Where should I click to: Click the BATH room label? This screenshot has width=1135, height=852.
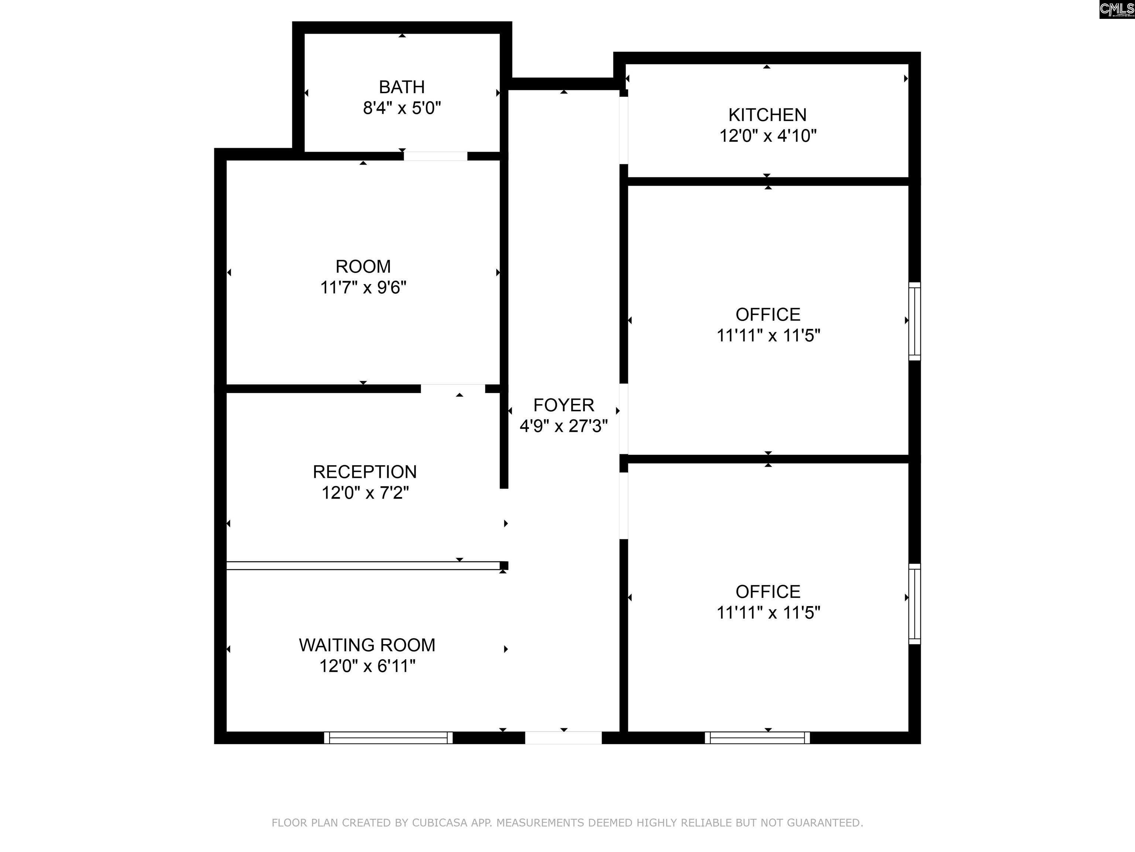402,87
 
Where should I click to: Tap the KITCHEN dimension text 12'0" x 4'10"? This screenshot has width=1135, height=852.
768,136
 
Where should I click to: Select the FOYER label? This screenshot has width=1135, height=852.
563,405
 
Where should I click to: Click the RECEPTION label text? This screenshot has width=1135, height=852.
365,471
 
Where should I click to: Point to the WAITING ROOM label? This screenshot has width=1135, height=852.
367,645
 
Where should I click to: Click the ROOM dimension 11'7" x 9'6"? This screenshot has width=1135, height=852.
363,287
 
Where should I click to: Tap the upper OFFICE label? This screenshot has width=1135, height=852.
768,314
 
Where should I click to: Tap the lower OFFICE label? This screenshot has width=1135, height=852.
768,592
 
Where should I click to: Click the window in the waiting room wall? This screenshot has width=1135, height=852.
388,737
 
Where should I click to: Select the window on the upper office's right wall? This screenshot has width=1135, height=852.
914,321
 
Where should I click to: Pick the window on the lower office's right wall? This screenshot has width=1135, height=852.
914,604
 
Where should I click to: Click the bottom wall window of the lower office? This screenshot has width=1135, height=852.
757,737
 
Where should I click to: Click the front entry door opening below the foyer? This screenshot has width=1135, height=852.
563,737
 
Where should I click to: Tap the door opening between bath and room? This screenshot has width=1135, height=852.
435,156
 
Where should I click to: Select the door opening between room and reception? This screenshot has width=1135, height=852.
453,388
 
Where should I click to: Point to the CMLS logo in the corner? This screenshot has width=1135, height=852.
1117,9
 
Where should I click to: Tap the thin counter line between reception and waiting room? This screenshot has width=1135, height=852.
363,565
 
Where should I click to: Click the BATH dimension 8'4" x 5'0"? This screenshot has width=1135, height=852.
402,108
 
